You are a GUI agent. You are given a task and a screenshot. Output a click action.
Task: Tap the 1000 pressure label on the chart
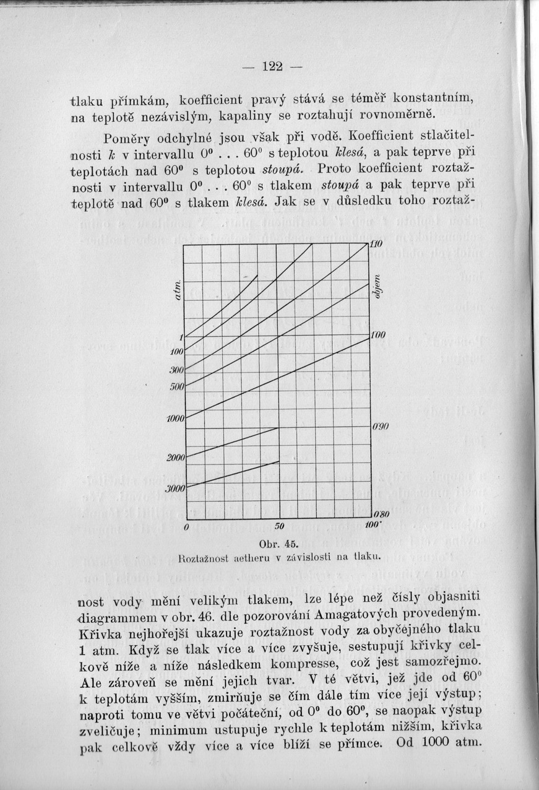176,419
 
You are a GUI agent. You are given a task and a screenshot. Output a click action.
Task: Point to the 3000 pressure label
176,488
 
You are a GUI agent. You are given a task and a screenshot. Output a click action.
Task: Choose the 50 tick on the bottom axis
278,527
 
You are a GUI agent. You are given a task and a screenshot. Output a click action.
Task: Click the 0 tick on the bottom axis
186,527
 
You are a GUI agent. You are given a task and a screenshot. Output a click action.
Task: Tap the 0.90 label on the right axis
379,428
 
